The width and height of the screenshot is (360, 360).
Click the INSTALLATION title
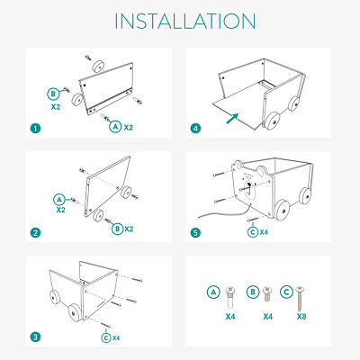[185, 21]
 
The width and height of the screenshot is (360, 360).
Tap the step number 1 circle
[35, 129]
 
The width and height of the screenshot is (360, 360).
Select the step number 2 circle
[35, 233]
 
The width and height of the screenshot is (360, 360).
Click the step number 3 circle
[35, 337]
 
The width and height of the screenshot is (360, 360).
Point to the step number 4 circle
[195, 129]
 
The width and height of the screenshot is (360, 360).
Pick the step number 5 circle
[195, 233]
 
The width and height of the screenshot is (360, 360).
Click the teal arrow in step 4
[232, 119]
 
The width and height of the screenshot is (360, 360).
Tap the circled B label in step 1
[53, 94]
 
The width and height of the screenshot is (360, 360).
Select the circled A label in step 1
[115, 126]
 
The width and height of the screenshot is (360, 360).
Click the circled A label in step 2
[59, 200]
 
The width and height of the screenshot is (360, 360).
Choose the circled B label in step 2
[118, 229]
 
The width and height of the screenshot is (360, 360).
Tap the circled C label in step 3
[106, 337]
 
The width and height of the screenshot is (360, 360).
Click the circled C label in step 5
[253, 232]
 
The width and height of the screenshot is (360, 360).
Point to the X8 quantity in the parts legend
[301, 317]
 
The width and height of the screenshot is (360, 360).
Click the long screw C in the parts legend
[300, 299]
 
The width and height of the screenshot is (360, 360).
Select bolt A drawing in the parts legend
[230, 297]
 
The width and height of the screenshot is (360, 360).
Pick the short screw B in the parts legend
[266, 294]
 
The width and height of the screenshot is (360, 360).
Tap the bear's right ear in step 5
[260, 171]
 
